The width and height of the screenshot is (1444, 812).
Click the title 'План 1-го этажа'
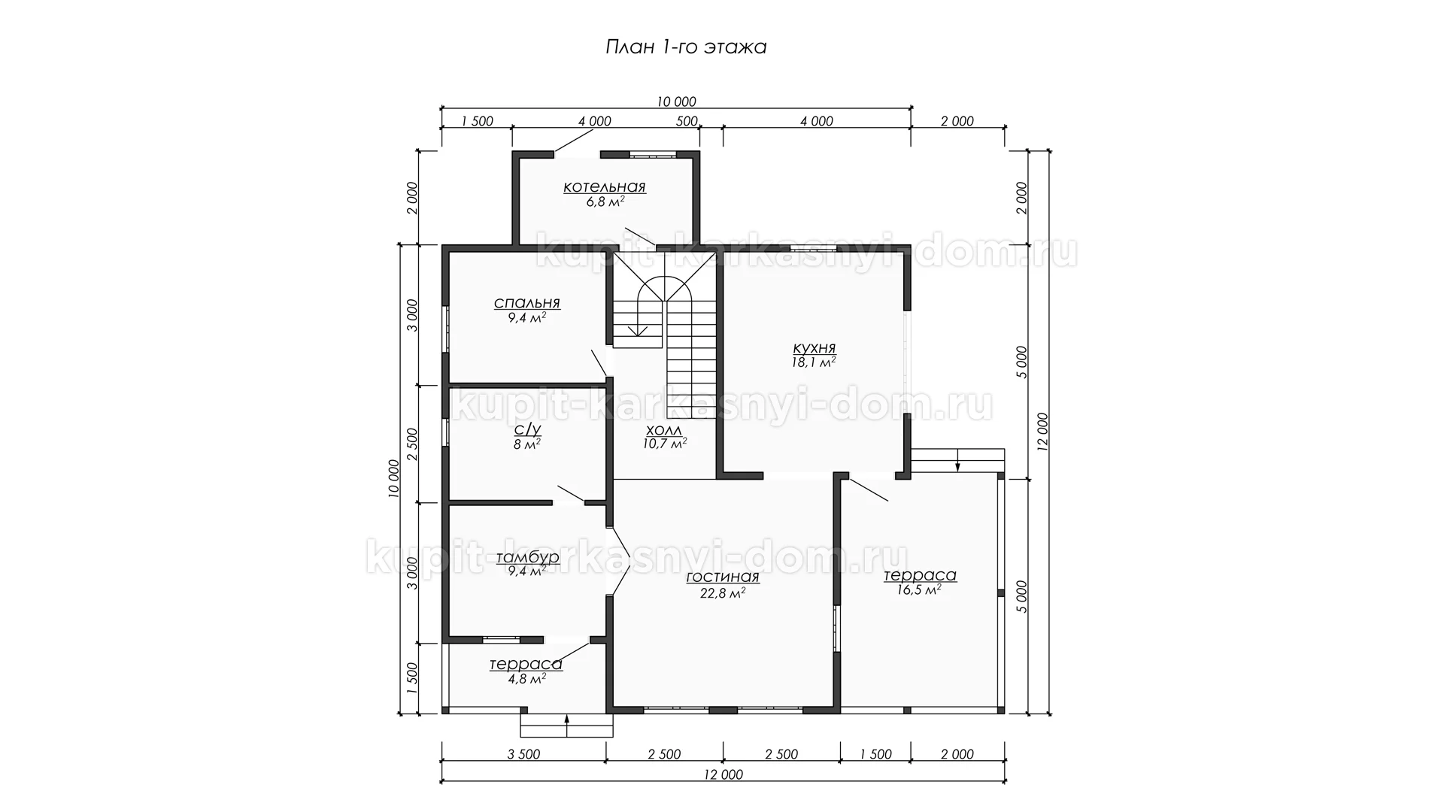686,47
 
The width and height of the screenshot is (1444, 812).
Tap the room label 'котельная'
605,187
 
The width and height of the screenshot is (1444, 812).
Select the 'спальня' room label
526,304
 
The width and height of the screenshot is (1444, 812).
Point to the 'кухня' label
815,349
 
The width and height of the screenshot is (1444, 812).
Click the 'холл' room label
664,431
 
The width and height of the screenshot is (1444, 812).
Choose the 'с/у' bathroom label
526,429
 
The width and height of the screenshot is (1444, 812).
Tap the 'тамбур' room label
528,557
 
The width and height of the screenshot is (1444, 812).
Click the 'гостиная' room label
723,577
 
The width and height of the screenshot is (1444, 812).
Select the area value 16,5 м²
919,590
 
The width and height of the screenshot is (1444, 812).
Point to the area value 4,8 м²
526,678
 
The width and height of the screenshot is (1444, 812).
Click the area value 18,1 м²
815,362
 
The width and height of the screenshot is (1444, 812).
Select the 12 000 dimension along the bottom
722,775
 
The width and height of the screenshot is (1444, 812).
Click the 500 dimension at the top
687,121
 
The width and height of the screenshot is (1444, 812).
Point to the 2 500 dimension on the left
411,444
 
